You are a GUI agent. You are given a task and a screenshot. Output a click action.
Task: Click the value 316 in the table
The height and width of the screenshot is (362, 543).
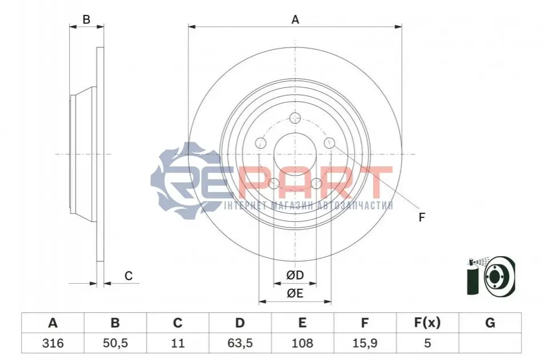pos(53,343)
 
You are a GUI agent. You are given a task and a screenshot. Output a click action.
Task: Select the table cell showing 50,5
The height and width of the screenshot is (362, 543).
pos(116,343)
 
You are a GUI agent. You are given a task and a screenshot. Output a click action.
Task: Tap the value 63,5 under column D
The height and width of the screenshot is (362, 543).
pos(240,343)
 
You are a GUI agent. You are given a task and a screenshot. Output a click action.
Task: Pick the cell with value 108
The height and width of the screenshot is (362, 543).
pos(302,343)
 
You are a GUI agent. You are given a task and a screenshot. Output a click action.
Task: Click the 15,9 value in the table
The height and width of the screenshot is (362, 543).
pos(364,343)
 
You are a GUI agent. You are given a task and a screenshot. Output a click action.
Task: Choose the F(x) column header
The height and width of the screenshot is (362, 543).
pos(427,323)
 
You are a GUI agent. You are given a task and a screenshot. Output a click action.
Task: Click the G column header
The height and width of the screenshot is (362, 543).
pos(490,323)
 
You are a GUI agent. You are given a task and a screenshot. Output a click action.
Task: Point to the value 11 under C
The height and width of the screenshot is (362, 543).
pos(177,343)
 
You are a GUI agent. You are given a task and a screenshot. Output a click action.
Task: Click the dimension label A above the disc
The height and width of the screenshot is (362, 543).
pos(295,19)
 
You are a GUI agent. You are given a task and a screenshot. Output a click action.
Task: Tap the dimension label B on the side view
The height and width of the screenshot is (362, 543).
pos(86,19)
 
